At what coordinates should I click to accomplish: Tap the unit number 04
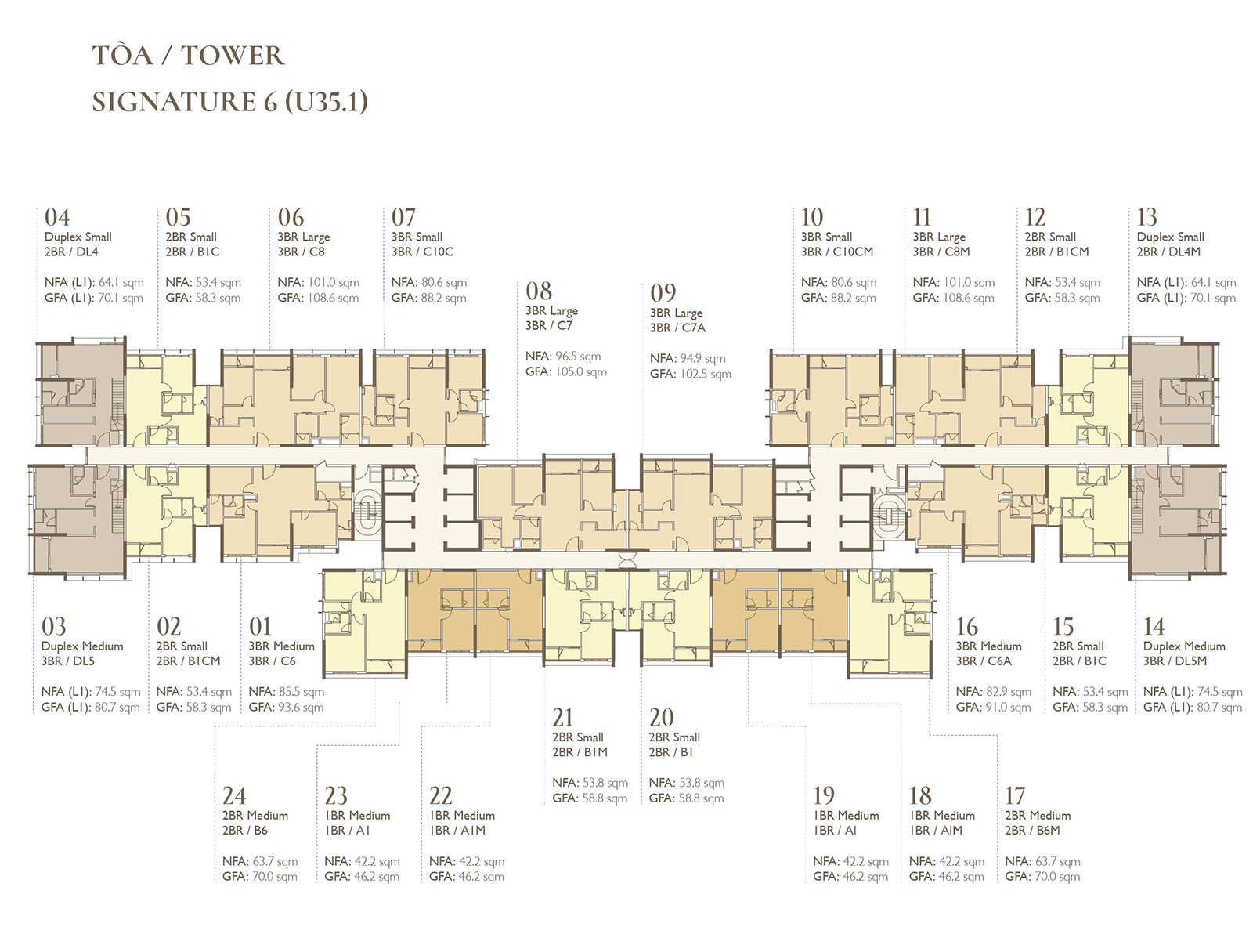pyautogui.click(x=57, y=217)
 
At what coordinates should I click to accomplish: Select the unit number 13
pyautogui.click(x=1146, y=217)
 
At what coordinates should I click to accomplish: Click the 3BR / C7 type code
pyautogui.click(x=548, y=325)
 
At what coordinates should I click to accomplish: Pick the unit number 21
pyautogui.click(x=562, y=717)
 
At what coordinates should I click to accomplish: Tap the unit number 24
pyautogui.click(x=234, y=796)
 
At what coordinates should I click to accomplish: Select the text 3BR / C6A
pyautogui.click(x=984, y=661)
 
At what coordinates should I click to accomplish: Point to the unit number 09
pyautogui.click(x=663, y=293)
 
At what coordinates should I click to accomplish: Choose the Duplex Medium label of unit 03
pyautogui.click(x=82, y=646)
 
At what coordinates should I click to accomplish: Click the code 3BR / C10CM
pyautogui.click(x=836, y=252)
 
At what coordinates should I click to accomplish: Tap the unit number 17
pyautogui.click(x=1015, y=796)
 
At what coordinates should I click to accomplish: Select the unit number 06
pyautogui.click(x=291, y=217)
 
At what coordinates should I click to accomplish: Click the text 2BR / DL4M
pyautogui.click(x=1168, y=252)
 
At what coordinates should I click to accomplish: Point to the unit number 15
pyautogui.click(x=1063, y=626)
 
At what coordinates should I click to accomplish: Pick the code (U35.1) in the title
pyautogui.click(x=326, y=102)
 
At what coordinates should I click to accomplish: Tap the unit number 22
pyautogui.click(x=441, y=796)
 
